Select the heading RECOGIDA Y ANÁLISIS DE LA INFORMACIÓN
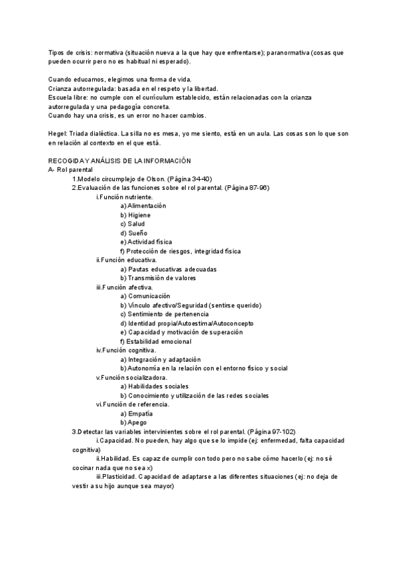click(119, 161)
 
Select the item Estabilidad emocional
click(158, 341)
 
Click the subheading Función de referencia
click(135, 404)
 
